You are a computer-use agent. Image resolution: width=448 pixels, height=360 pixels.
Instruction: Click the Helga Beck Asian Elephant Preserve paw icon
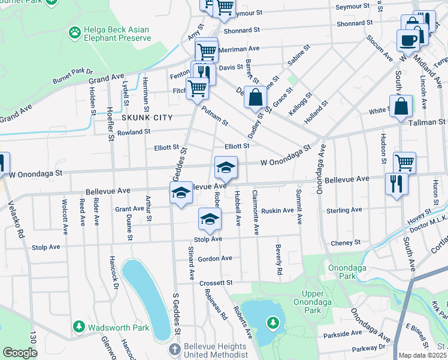[x=75, y=31]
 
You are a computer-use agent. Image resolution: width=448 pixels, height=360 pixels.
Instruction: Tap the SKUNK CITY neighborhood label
[x=147, y=118]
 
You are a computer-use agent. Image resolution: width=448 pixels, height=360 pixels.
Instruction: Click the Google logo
[x=20, y=353]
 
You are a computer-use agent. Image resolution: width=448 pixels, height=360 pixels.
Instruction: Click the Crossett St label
[x=216, y=282]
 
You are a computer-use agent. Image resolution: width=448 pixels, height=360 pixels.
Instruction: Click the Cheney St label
[x=346, y=242]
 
